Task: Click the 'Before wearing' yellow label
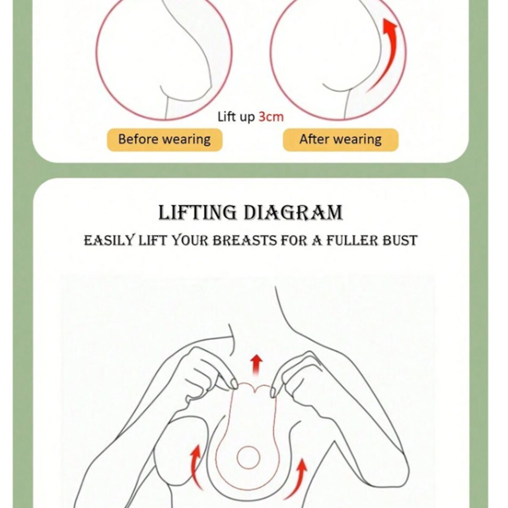click(165, 140)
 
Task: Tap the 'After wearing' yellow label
click(341, 140)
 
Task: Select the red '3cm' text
click(271, 117)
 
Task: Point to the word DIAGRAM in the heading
click(293, 212)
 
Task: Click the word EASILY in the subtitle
click(109, 240)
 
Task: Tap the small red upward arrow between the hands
click(256, 365)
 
